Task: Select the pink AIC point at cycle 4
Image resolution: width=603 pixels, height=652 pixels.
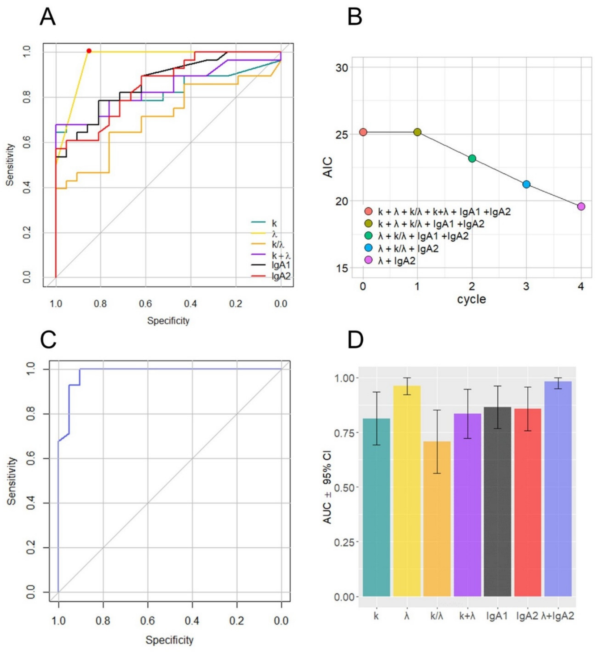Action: pyautogui.click(x=581, y=206)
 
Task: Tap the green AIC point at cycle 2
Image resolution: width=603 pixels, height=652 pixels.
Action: pyautogui.click(x=472, y=158)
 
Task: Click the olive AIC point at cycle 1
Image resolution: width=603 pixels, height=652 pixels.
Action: pyautogui.click(x=417, y=132)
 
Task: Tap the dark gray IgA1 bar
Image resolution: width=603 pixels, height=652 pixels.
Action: pyautogui.click(x=497, y=506)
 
